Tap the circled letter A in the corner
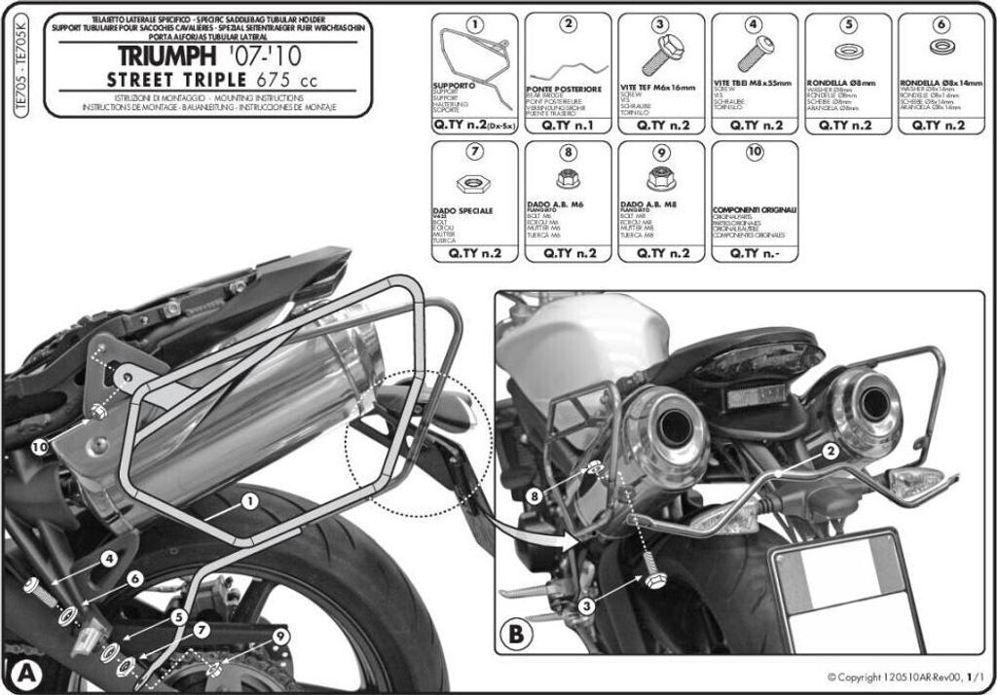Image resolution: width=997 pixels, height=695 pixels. click(25, 674)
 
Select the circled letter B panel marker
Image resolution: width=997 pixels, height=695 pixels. click(516, 635)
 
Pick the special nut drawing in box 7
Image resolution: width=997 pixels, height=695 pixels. click(472, 182)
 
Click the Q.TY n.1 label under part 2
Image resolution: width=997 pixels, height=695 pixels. click(568, 126)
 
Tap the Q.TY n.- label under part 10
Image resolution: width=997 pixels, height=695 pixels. click(755, 252)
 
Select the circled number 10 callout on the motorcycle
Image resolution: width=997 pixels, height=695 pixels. click(39, 447)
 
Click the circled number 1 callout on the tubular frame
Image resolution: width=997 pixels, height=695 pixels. click(250, 502)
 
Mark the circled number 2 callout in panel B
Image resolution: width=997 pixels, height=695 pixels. click(831, 450)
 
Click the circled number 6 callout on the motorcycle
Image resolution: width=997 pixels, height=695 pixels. click(134, 578)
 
